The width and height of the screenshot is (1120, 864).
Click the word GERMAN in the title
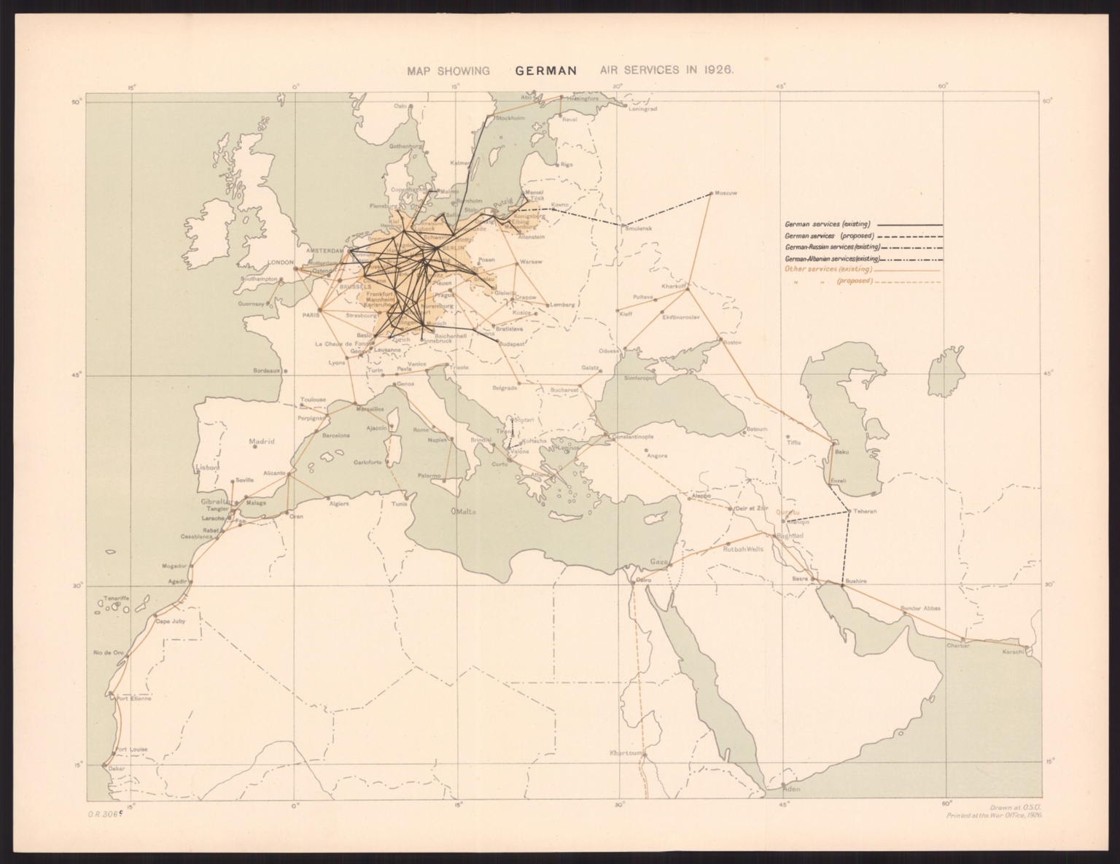pyautogui.click(x=546, y=71)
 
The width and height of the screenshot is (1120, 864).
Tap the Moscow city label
pyautogui.click(x=726, y=193)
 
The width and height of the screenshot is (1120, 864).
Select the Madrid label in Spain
pyautogui.click(x=261, y=442)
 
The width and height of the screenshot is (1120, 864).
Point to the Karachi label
pyautogui.click(x=1014, y=651)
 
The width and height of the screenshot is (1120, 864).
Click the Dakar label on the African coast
pyautogui.click(x=117, y=768)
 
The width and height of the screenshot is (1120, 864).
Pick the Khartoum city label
pyautogui.click(x=626, y=752)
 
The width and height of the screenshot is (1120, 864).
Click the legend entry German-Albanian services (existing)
pyautogui.click(x=832, y=259)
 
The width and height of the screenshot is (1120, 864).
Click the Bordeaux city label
pyautogui.click(x=267, y=370)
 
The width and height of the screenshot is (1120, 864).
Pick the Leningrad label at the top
pyautogui.click(x=643, y=109)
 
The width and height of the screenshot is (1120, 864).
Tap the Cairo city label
pyautogui.click(x=642, y=580)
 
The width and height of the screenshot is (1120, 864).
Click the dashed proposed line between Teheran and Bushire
pyautogui.click(x=847, y=547)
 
